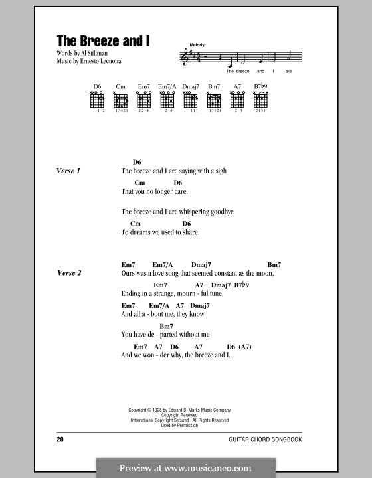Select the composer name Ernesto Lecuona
tap(96, 61)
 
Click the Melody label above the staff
tap(197, 44)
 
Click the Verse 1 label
tap(68, 171)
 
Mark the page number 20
tap(60, 440)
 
